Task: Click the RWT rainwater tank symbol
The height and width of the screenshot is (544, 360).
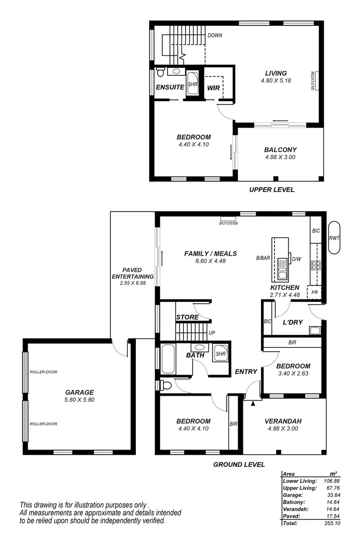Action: pyautogui.click(x=334, y=238)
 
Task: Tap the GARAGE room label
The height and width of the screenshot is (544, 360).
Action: pyautogui.click(x=80, y=391)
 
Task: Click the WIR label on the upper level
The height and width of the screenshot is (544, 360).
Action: pyautogui.click(x=214, y=88)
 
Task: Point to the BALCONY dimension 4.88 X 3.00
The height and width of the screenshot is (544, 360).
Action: pyautogui.click(x=280, y=157)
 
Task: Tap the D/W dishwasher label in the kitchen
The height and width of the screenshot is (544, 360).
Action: pyautogui.click(x=296, y=260)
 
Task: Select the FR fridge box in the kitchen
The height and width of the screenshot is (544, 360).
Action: pyautogui.click(x=315, y=292)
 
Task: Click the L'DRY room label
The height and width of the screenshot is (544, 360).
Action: pyautogui.click(x=292, y=322)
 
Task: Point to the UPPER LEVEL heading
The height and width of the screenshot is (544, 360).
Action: pyautogui.click(x=272, y=189)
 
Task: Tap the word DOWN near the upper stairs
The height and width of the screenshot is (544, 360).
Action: pyautogui.click(x=215, y=35)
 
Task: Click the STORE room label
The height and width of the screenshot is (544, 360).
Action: pyautogui.click(x=187, y=317)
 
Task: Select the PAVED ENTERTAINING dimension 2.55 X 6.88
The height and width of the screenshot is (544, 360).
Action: pyautogui.click(x=132, y=284)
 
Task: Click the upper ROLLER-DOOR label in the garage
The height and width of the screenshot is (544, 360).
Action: pyautogui.click(x=44, y=372)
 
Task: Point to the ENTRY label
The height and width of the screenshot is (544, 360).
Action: pyautogui.click(x=246, y=371)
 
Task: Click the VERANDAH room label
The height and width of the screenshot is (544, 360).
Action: pyautogui.click(x=283, y=421)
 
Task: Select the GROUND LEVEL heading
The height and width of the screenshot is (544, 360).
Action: pyautogui.click(x=239, y=464)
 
